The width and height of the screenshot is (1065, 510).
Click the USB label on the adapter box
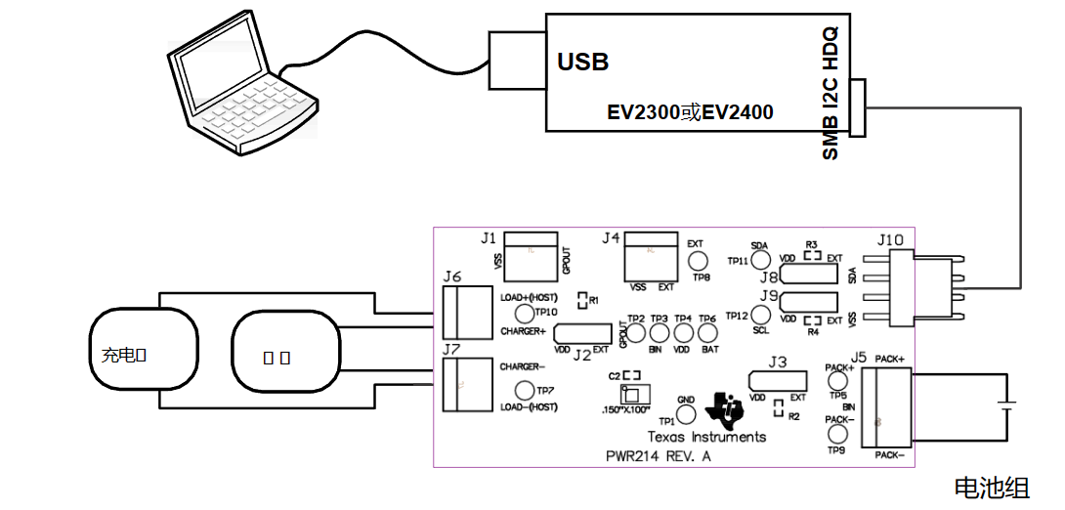(582, 62)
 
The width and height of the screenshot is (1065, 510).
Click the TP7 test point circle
(524, 391)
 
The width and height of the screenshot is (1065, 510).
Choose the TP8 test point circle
(698, 261)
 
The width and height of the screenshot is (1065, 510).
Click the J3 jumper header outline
(778, 379)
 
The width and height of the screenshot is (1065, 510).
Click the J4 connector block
(651, 253)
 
